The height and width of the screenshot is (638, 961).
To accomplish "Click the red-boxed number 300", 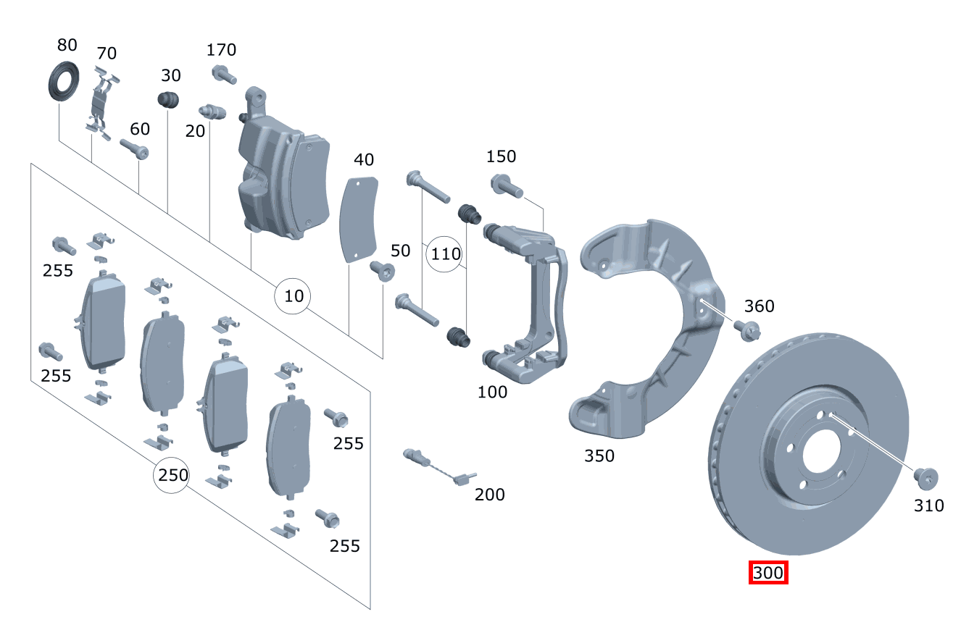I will coord(768,573).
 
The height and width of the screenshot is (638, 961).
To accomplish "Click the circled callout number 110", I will coord(445,254).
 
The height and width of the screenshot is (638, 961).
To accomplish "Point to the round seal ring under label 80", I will coord(64,82).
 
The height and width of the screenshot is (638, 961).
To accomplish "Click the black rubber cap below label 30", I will coord(169,101).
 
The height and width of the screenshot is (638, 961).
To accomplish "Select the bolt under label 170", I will coord(224,74).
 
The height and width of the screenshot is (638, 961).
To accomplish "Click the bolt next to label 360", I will coord(746,330).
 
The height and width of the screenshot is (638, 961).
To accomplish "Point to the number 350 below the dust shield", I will coord(599,456).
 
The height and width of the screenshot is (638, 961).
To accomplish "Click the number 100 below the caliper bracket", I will coord(492,393).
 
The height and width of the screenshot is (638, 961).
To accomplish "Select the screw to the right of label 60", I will coord(135,150).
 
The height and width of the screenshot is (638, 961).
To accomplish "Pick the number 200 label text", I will coord(490,494).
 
